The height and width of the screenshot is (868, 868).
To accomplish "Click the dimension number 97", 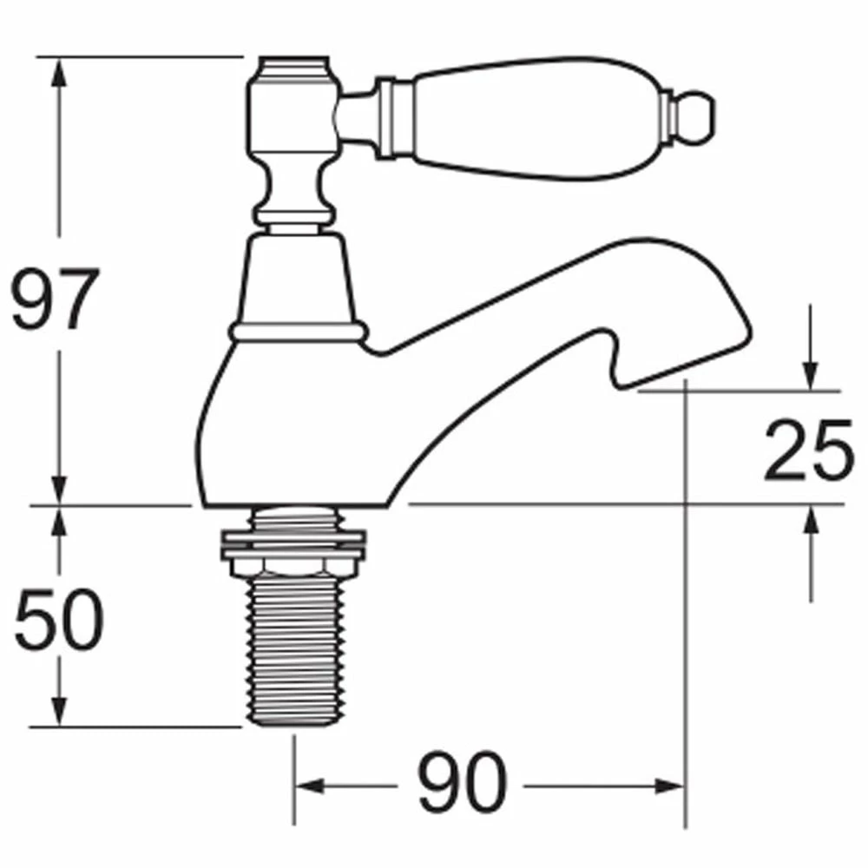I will pos(54,299).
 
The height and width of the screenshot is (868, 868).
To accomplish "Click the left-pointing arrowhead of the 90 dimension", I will pos(308,786).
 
